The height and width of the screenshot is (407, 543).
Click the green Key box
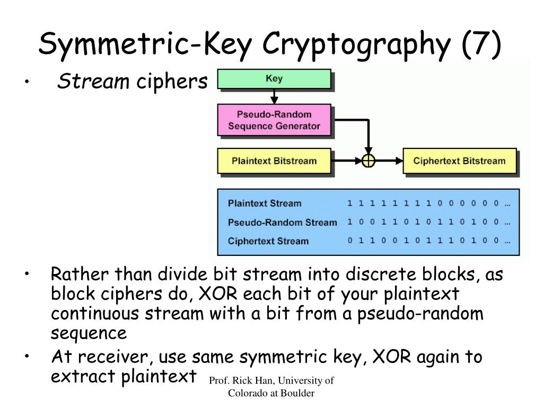[274, 79]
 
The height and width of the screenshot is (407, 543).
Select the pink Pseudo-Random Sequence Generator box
[274, 120]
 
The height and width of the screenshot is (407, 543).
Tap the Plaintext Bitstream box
[274, 161]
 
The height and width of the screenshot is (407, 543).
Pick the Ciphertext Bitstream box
[460, 161]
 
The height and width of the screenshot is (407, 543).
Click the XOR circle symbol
[369, 161]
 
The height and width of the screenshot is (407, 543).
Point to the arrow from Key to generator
[274, 96]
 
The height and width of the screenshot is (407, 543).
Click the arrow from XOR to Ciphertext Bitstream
[389, 161]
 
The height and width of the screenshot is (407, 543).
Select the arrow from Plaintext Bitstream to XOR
[346, 161]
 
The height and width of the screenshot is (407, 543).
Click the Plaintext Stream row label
[265, 203]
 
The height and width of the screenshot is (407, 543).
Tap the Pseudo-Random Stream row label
[282, 222]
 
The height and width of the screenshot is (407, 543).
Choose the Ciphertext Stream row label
[268, 241]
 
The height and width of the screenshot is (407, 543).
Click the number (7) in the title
[481, 45]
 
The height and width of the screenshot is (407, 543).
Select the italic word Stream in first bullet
[93, 81]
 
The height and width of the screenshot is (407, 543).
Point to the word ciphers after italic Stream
[172, 82]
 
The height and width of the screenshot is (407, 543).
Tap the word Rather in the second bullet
[80, 274]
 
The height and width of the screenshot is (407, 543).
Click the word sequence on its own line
[89, 334]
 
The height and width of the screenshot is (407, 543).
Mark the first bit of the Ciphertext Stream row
[350, 241]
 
